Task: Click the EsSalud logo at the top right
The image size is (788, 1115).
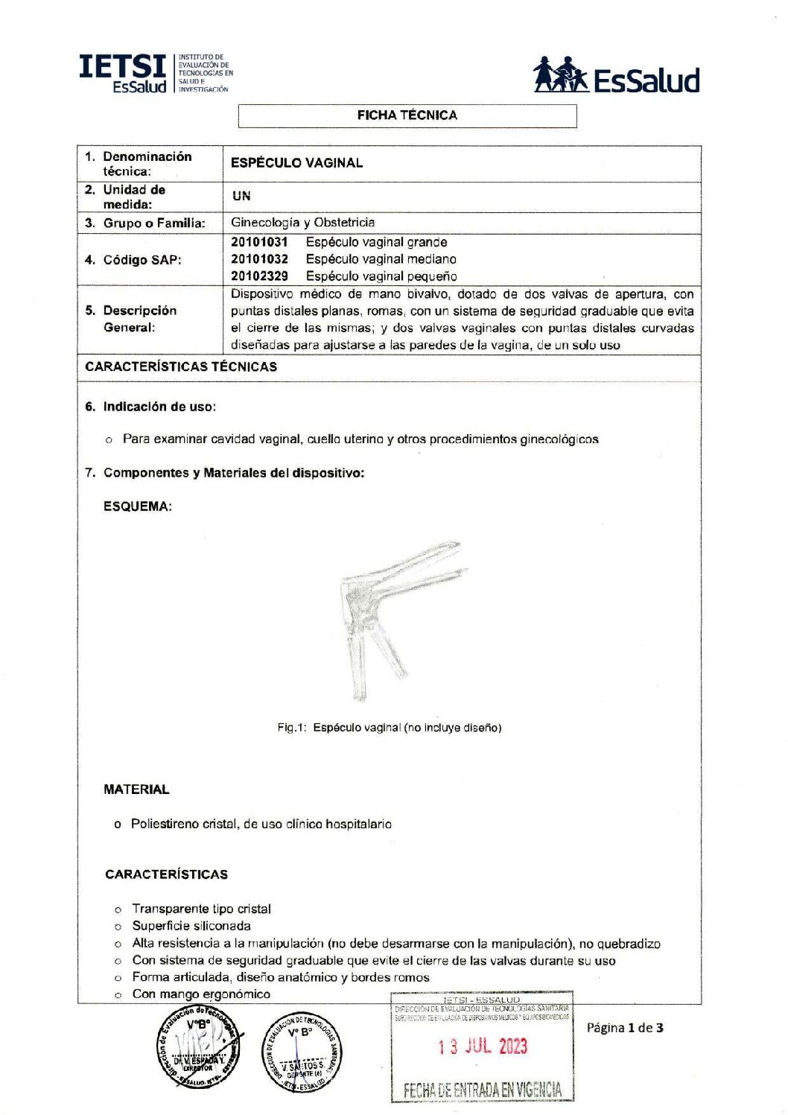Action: tap(617, 75)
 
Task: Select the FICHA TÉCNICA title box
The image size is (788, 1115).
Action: tap(407, 115)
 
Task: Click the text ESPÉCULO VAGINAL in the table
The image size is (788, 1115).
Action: tap(296, 163)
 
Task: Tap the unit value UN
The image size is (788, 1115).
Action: tap(241, 197)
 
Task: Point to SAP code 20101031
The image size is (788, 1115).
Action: tap(259, 242)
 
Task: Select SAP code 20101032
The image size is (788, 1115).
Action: tap(259, 259)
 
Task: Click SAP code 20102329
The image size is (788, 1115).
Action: tap(259, 276)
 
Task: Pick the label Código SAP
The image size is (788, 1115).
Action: tap(142, 260)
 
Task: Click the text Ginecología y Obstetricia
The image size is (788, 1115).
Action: tap(302, 223)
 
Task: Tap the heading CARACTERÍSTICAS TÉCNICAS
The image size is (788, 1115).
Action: tap(181, 366)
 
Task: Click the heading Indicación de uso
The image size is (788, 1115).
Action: tap(159, 407)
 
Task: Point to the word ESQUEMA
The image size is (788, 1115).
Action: tap(138, 506)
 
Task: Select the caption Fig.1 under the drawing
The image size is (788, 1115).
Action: tap(389, 728)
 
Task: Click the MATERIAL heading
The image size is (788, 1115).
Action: tap(136, 790)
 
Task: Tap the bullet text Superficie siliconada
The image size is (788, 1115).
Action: tap(191, 926)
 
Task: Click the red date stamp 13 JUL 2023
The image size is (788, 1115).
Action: tap(482, 1046)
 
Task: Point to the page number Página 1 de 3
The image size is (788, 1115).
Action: tap(624, 1028)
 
